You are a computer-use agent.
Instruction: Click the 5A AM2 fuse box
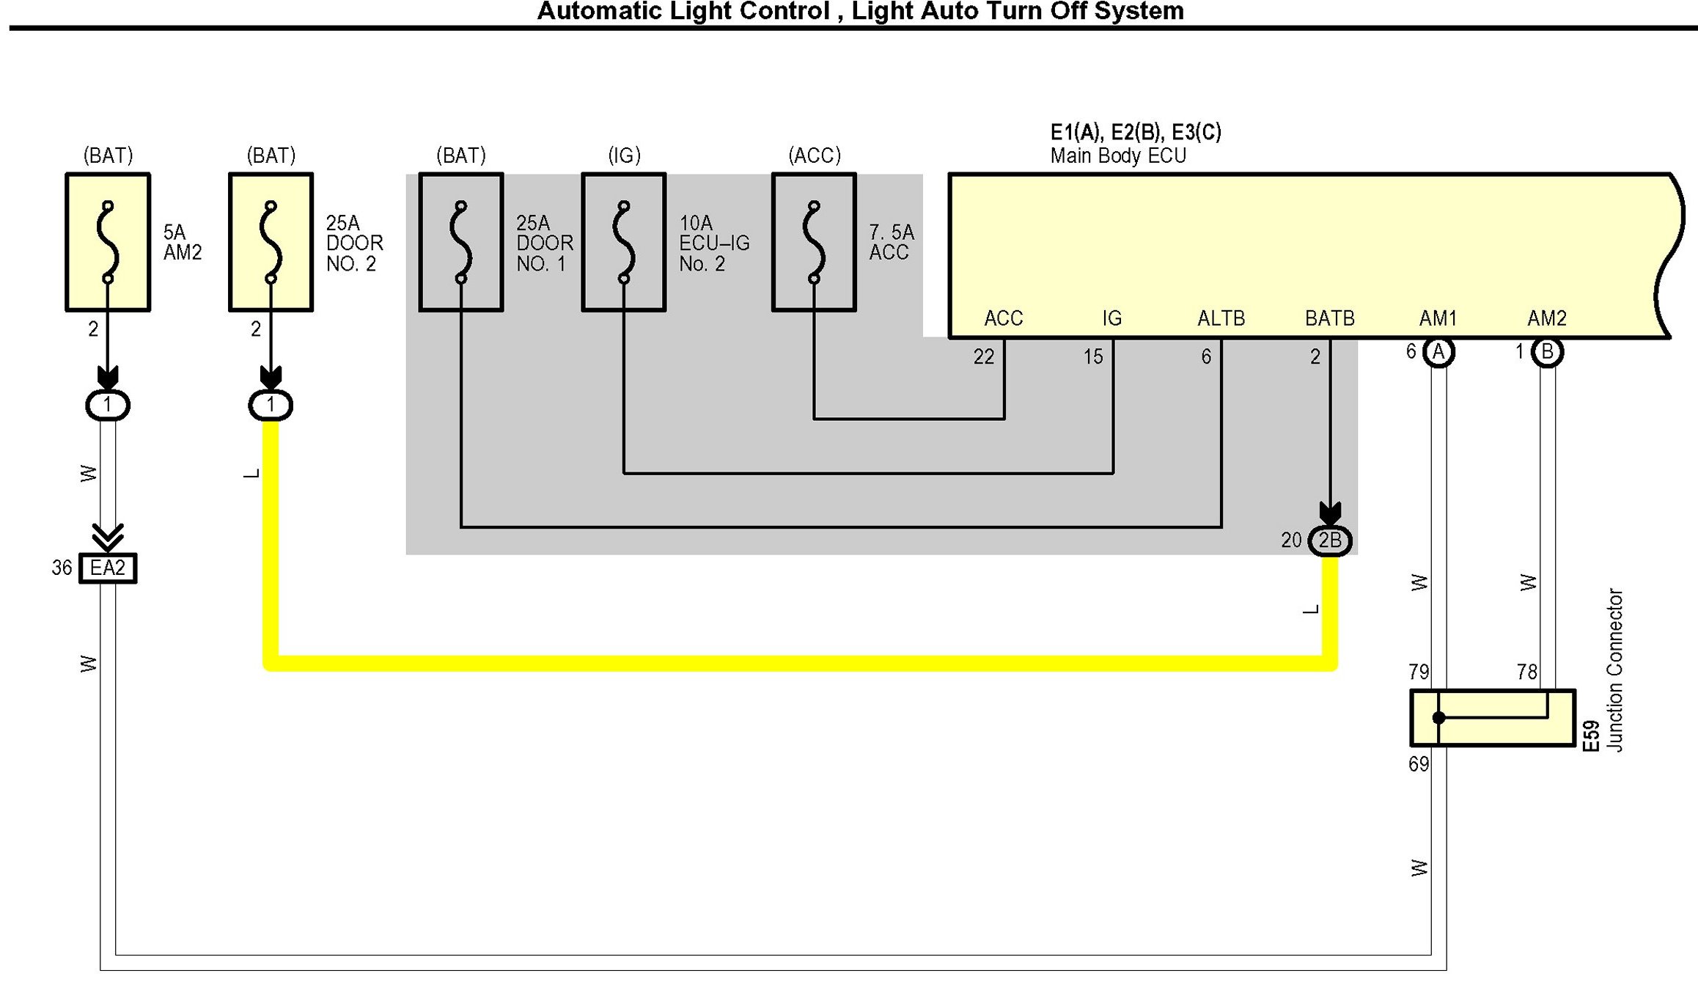pyautogui.click(x=108, y=242)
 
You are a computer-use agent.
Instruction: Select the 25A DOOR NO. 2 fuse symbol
pyautogui.click(x=271, y=242)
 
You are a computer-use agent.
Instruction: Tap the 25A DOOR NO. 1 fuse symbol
pyautogui.click(x=461, y=242)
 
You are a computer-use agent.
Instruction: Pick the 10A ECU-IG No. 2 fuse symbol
pyautogui.click(x=624, y=242)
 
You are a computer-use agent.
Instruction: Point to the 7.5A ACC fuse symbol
pyautogui.click(x=814, y=242)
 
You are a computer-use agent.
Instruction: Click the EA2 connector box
pyautogui.click(x=108, y=568)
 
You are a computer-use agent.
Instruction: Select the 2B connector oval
pyautogui.click(x=1330, y=541)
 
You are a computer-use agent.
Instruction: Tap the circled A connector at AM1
pyautogui.click(x=1438, y=353)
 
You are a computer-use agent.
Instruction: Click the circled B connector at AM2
pyautogui.click(x=1547, y=353)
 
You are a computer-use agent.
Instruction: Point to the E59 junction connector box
pyautogui.click(x=1493, y=718)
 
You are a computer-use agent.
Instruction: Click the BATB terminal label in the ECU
pyautogui.click(x=1330, y=318)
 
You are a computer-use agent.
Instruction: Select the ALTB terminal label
pyautogui.click(x=1221, y=318)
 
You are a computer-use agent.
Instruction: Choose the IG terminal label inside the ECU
pyautogui.click(x=1112, y=318)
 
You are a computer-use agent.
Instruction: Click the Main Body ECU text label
pyautogui.click(x=1118, y=155)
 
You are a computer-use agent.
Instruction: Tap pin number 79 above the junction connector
pyautogui.click(x=1419, y=672)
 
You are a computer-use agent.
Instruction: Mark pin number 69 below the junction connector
pyautogui.click(x=1419, y=764)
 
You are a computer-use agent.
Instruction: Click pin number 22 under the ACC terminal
pyautogui.click(x=984, y=357)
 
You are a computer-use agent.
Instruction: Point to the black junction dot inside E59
pyautogui.click(x=1439, y=718)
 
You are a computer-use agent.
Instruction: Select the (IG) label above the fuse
pyautogui.click(x=624, y=155)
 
